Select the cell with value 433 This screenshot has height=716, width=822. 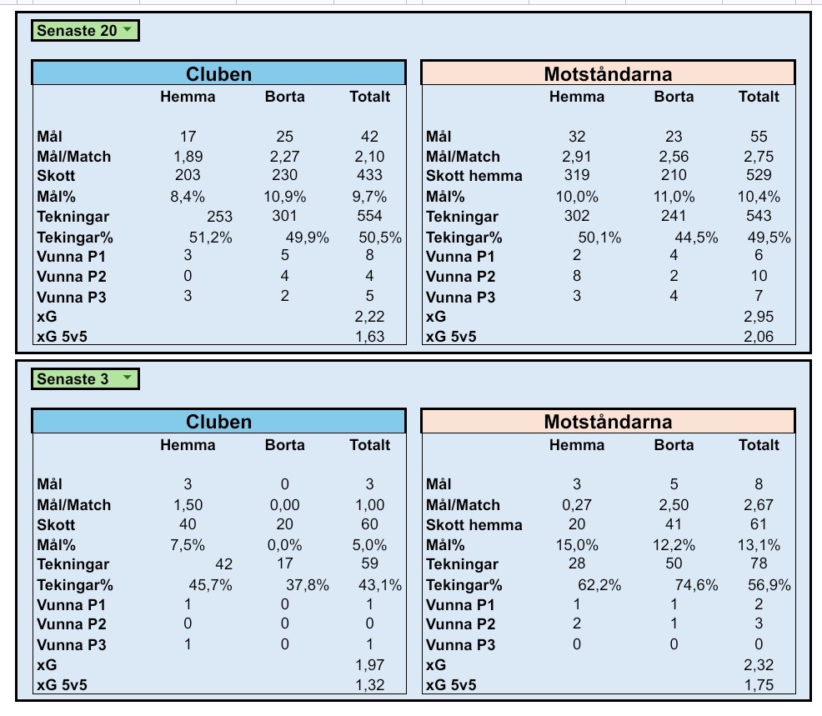[369, 175]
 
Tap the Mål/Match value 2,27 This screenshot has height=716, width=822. [285, 156]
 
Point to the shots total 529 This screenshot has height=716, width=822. [759, 175]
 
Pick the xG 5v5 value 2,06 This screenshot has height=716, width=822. [759, 337]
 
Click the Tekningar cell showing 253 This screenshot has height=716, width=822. [219, 217]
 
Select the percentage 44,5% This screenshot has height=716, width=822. [697, 238]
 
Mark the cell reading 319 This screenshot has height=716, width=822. [576, 175]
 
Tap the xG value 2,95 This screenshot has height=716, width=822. [759, 317]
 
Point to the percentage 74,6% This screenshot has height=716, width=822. [697, 585]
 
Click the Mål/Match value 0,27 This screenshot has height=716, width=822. [576, 504]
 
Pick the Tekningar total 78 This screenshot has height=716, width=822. [759, 565]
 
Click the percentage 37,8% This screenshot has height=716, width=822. [308, 585]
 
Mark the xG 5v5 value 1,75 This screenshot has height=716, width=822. [759, 685]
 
